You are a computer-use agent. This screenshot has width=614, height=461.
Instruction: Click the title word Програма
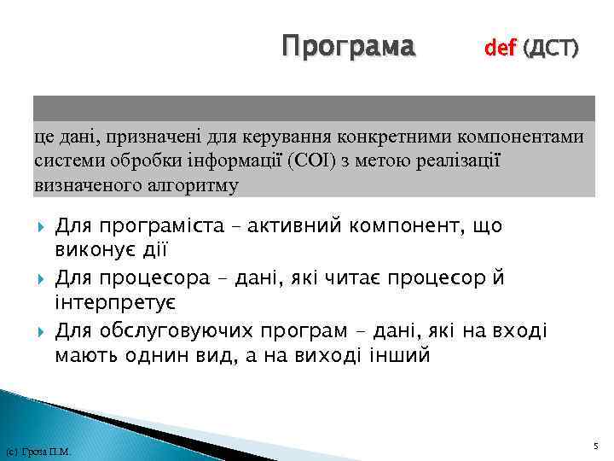coord(350,45)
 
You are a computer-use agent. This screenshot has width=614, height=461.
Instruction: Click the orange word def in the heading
coord(500,49)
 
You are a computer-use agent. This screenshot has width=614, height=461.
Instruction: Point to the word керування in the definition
coord(281,136)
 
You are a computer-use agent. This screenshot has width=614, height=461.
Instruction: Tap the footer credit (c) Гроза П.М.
coord(38,452)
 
